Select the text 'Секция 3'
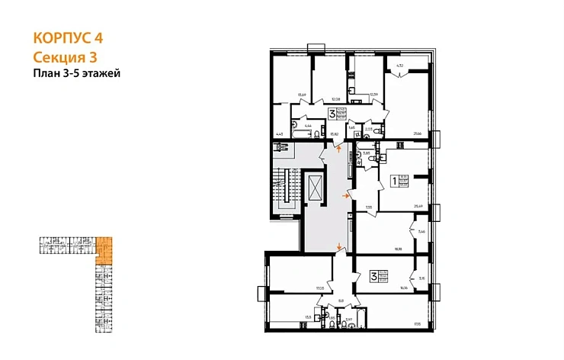pyautogui.click(x=66, y=56)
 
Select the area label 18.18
pyautogui.click(x=397, y=249)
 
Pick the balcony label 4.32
pyautogui.click(x=399, y=67)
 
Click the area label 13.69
pyautogui.click(x=302, y=95)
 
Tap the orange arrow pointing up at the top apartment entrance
pyautogui.click(x=339, y=151)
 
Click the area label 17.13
pyautogui.click(x=418, y=325)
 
